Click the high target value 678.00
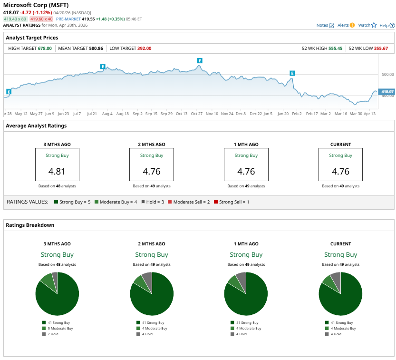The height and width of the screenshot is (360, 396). pyautogui.click(x=45, y=48)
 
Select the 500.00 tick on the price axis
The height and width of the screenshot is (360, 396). pyautogui.click(x=387, y=75)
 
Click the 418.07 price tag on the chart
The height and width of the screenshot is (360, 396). pyautogui.click(x=387, y=92)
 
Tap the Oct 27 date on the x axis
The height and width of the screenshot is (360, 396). pyautogui.click(x=197, y=114)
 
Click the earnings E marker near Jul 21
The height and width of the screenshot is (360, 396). pyautogui.click(x=102, y=66)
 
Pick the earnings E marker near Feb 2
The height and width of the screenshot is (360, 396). pyautogui.click(x=292, y=73)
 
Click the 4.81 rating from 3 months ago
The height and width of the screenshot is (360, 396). pyautogui.click(x=57, y=171)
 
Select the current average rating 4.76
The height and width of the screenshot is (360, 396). pyautogui.click(x=340, y=171)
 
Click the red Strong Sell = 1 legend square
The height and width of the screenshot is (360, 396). pyautogui.click(x=217, y=202)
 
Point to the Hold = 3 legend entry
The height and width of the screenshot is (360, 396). pyautogui.click(x=155, y=202)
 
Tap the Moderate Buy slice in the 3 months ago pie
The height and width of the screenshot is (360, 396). pyautogui.click(x=48, y=282)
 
